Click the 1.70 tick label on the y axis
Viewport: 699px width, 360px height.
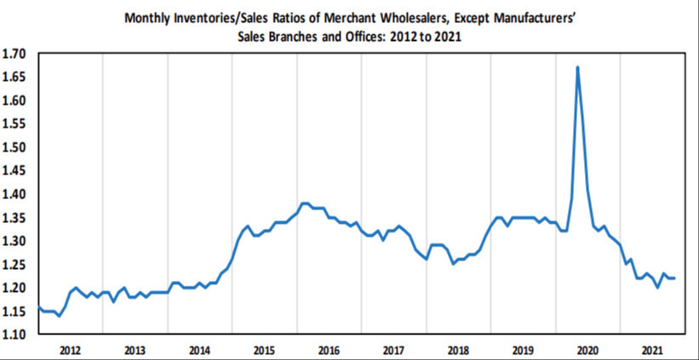16,54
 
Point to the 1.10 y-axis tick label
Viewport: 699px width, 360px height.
16,334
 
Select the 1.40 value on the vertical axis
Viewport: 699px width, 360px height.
16,194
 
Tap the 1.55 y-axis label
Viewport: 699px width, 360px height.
16,124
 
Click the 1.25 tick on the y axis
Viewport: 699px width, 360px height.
16,265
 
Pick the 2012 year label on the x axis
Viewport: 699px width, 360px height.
70,350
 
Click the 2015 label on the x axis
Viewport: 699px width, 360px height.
264,350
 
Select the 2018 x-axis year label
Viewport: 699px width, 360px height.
458,350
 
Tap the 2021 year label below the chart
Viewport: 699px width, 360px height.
652,350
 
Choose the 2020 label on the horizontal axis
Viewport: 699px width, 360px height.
587,350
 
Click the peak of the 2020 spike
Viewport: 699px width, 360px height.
578,67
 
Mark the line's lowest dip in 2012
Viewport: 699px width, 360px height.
59,316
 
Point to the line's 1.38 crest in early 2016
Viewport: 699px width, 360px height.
305,203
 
